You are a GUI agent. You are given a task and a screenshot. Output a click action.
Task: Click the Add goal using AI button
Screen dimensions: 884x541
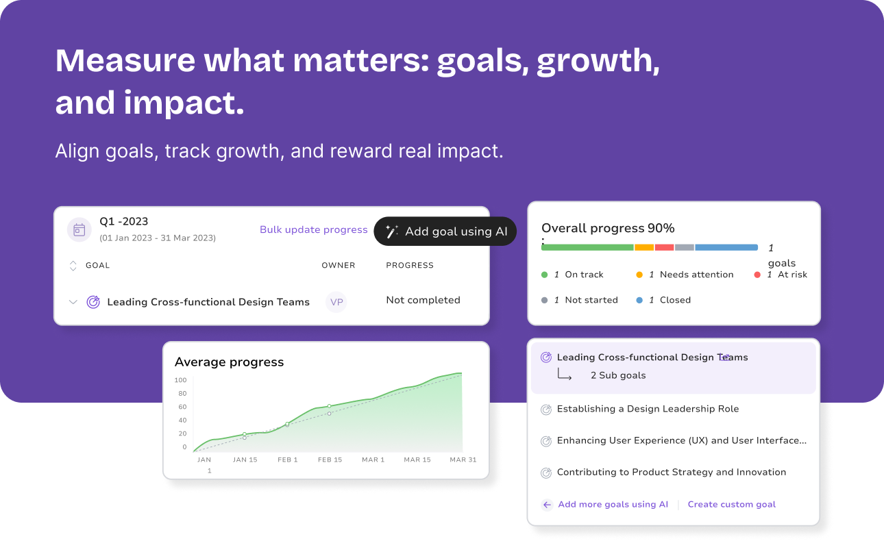pyautogui.click(x=445, y=231)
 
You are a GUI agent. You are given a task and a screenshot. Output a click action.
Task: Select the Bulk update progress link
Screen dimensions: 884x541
pyautogui.click(x=313, y=229)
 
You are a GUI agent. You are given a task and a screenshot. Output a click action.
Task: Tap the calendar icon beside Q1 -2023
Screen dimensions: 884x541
pyautogui.click(x=79, y=229)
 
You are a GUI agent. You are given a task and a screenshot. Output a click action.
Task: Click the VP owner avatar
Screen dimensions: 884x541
pyautogui.click(x=336, y=302)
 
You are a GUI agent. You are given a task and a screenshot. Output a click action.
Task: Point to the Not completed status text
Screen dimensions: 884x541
pyautogui.click(x=423, y=300)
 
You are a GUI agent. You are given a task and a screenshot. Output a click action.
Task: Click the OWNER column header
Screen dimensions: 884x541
pyautogui.click(x=339, y=266)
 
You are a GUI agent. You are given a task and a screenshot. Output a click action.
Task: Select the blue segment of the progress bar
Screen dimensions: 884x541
pyautogui.click(x=726, y=248)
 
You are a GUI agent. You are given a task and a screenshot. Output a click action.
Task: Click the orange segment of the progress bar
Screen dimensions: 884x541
pyautogui.click(x=644, y=248)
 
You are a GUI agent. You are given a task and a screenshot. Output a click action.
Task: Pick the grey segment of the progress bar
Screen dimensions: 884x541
pyautogui.click(x=685, y=248)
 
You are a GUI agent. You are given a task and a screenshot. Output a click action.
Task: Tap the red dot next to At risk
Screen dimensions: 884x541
pyautogui.click(x=757, y=275)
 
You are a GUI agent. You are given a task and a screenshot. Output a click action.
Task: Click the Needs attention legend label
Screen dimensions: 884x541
pyautogui.click(x=696, y=275)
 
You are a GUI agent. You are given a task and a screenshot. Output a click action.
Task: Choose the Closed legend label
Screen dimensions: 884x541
pyautogui.click(x=675, y=300)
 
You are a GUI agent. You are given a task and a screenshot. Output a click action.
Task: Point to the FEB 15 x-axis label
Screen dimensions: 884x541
pyautogui.click(x=330, y=460)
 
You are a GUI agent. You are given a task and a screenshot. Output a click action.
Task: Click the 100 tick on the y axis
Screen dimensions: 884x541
pyautogui.click(x=180, y=380)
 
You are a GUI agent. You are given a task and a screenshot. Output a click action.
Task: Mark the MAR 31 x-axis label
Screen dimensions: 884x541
pyautogui.click(x=463, y=460)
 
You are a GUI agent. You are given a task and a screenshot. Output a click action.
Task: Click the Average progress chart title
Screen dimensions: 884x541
pyautogui.click(x=230, y=362)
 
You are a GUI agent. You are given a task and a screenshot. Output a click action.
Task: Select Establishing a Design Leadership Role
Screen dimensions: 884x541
pyautogui.click(x=648, y=409)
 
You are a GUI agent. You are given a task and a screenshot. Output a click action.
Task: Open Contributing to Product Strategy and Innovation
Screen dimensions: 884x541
pyautogui.click(x=672, y=472)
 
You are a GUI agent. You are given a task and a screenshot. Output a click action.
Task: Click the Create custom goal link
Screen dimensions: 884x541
pyautogui.click(x=732, y=504)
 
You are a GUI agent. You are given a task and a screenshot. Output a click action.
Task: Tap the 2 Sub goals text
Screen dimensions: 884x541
pyautogui.click(x=618, y=375)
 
